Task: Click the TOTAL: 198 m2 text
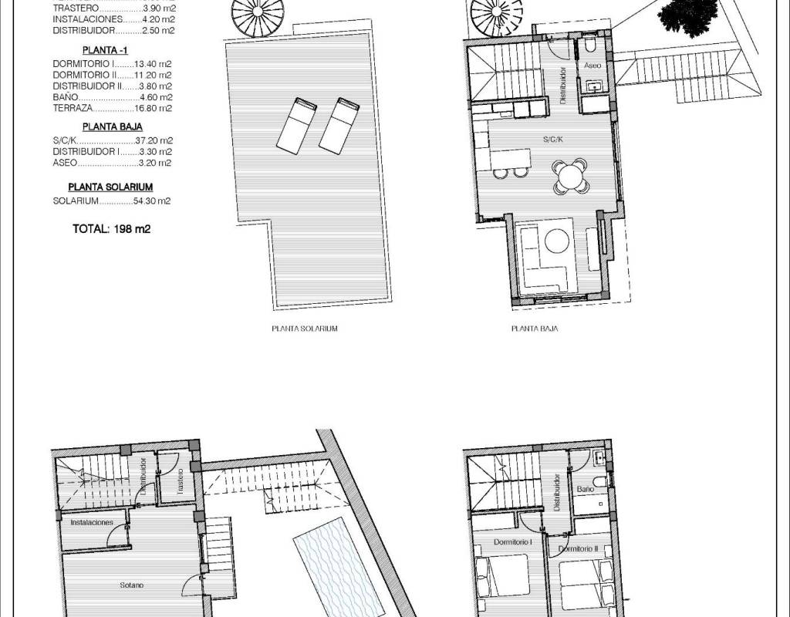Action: click(112, 228)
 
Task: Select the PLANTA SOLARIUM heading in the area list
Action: click(110, 187)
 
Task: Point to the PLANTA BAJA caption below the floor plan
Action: click(535, 329)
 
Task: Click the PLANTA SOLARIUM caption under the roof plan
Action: click(305, 329)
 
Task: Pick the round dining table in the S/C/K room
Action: click(570, 177)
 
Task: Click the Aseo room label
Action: click(592, 66)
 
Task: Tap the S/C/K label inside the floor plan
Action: click(553, 139)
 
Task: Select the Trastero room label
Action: click(180, 481)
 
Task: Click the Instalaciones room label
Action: click(92, 522)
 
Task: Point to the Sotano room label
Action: click(131, 585)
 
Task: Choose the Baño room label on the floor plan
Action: click(586, 488)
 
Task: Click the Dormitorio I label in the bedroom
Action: click(513, 542)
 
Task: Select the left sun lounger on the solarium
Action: click(297, 124)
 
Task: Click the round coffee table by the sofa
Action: click(557, 241)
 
